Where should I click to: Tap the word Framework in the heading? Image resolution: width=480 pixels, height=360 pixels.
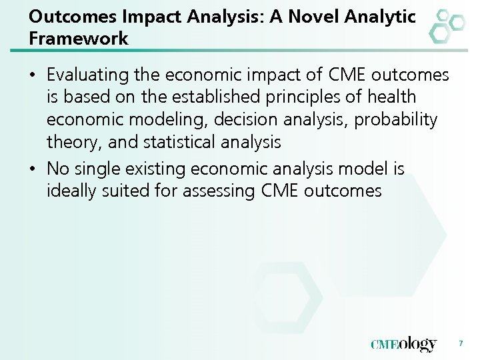tap(79, 39)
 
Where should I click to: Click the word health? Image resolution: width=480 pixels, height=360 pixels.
tap(393, 97)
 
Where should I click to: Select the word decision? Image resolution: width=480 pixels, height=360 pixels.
tap(243, 120)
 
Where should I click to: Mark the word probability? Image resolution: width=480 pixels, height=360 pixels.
tap(396, 120)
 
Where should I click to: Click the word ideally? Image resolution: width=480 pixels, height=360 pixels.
tap(73, 191)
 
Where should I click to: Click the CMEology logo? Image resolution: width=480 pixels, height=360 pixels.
tap(404, 344)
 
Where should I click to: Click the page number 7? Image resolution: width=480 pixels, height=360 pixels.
tap(461, 344)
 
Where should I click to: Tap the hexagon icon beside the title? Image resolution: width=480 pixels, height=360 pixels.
tap(446, 26)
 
